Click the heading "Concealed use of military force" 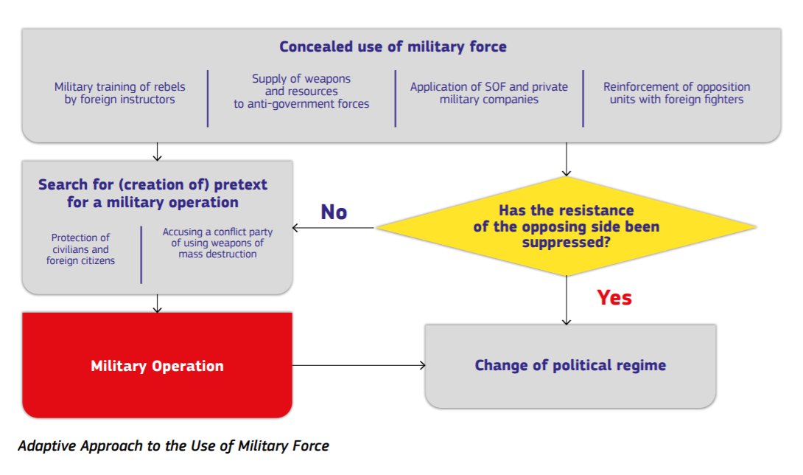pos(393,47)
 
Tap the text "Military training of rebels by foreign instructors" pos(120,93)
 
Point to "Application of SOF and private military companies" pos(489,93)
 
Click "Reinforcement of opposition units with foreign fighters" pos(676,93)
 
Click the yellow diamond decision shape pos(566,226)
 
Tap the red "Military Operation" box pos(157,366)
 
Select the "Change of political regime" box pos(570,366)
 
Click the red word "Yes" pos(614,297)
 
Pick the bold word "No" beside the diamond pos(334,212)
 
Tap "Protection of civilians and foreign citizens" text pos(80,249)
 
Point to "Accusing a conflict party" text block pos(217,243)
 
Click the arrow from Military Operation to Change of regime pos(359,365)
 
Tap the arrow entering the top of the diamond pos(566,159)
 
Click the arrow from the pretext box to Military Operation pos(157,303)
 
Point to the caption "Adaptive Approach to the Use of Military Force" pos(173,446)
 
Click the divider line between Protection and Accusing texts pos(141,254)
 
